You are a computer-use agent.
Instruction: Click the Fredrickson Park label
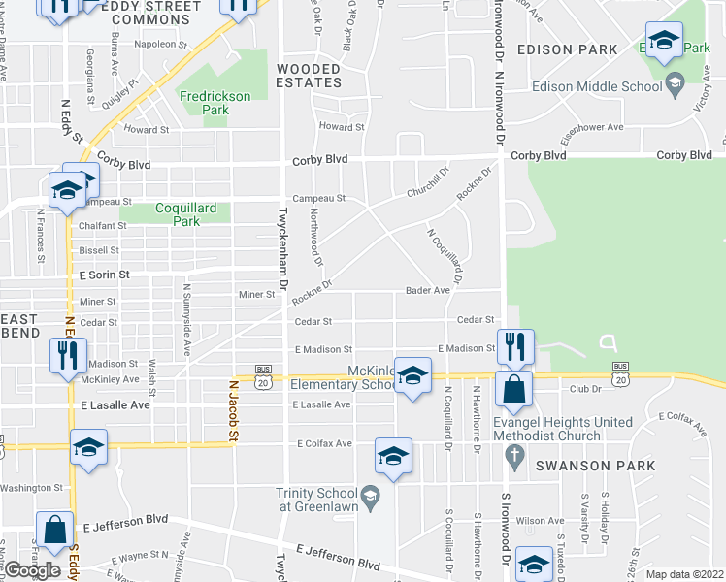tap(214, 103)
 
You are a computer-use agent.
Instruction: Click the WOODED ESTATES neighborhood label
tap(309, 77)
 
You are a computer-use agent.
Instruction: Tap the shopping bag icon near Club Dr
tap(512, 390)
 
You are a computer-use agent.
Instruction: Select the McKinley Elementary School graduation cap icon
tap(412, 378)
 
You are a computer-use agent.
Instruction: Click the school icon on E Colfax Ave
tap(394, 456)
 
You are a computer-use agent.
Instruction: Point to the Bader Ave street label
tap(428, 290)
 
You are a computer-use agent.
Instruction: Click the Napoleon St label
tap(161, 44)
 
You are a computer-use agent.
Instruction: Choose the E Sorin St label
tap(105, 275)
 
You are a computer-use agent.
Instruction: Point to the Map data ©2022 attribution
tap(685, 574)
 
